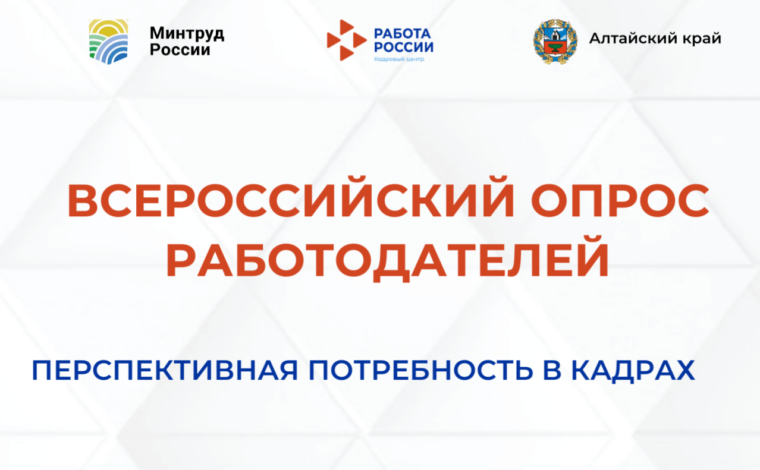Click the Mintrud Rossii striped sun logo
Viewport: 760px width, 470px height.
click(x=108, y=41)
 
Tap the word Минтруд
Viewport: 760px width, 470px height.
click(x=187, y=33)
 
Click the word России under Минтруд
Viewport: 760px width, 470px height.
click(x=180, y=50)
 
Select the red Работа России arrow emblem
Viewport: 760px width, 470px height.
click(x=346, y=40)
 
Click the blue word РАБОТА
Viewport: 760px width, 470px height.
click(x=401, y=33)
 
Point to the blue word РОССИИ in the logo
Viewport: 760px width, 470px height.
click(x=403, y=47)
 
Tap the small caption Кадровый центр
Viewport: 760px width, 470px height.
click(x=398, y=59)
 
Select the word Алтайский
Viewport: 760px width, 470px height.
click(x=633, y=39)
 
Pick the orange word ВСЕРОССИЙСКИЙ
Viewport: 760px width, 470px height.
click(x=291, y=202)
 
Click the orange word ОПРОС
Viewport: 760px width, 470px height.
click(x=620, y=202)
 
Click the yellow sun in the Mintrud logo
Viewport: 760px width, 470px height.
click(x=108, y=29)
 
